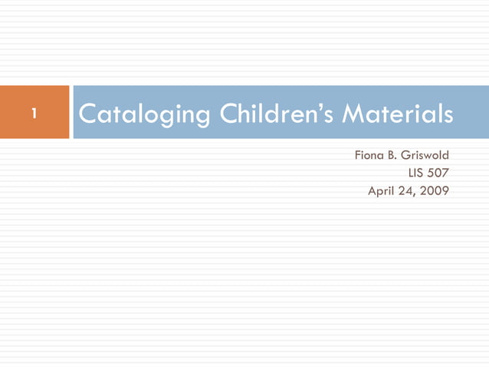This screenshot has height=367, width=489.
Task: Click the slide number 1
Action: [x=34, y=114]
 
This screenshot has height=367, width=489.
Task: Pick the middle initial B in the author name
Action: [x=392, y=156]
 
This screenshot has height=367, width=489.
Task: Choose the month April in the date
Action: [x=382, y=190]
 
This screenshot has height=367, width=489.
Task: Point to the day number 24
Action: [x=408, y=190]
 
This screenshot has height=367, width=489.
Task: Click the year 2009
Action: [x=435, y=190]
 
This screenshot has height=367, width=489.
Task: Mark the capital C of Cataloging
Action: [x=87, y=114]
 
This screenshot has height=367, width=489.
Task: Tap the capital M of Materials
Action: [x=352, y=114]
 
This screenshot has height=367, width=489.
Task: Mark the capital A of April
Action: [x=372, y=190]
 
